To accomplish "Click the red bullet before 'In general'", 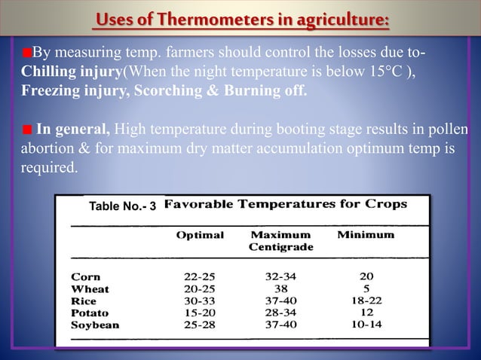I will [x=26, y=126].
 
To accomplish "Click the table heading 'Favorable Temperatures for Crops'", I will [x=285, y=204].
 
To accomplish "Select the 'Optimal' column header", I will [x=200, y=235].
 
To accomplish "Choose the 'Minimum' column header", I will [x=366, y=235].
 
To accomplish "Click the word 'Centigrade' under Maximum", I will [x=281, y=247].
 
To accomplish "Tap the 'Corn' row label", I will [x=85, y=276].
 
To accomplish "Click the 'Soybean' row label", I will [x=95, y=325].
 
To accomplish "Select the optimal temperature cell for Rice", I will [x=201, y=301].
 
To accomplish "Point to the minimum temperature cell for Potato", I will [x=367, y=313].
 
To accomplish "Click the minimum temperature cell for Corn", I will [x=367, y=276].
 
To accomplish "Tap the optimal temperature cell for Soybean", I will [x=201, y=325].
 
